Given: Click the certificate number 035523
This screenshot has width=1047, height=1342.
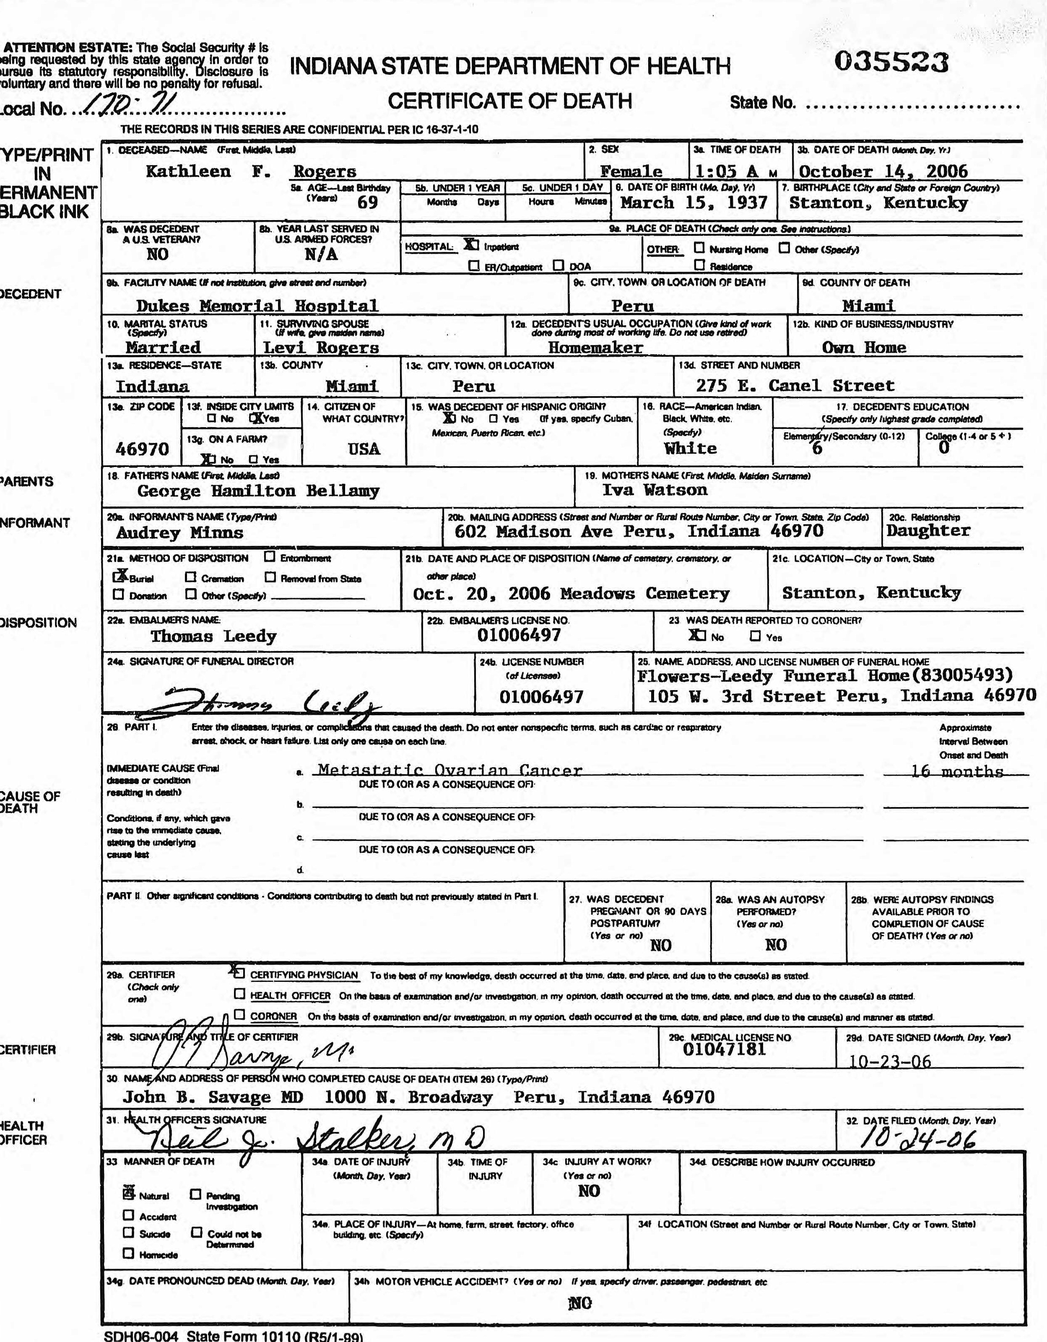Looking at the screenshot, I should click(x=891, y=62).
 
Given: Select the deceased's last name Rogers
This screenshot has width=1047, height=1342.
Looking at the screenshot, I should click(x=325, y=171).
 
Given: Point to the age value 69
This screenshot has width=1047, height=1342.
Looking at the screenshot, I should click(x=367, y=202).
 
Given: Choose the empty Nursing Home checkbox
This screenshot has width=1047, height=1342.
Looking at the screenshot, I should click(x=699, y=248).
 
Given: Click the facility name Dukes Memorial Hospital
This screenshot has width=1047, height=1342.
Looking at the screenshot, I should click(x=257, y=305).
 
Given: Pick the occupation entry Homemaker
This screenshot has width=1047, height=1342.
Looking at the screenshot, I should click(x=595, y=347).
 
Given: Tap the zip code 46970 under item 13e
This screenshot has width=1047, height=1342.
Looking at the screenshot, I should click(x=142, y=449).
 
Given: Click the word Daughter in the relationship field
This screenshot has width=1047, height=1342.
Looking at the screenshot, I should click(x=928, y=530).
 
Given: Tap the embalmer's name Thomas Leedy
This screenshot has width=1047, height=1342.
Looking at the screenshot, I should click(x=213, y=636).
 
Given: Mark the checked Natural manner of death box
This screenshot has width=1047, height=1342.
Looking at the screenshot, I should click(x=128, y=1194).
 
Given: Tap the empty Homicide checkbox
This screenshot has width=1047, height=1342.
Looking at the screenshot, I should click(x=128, y=1253).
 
